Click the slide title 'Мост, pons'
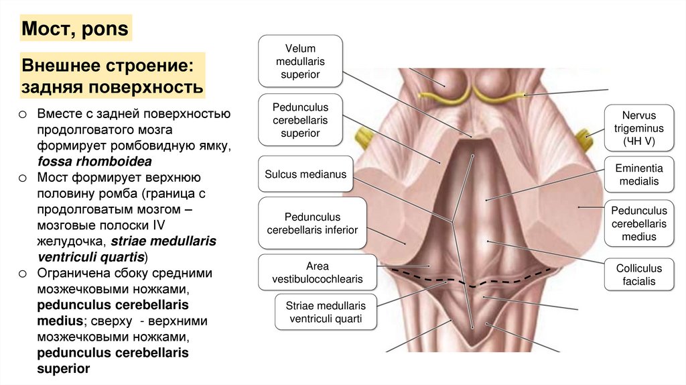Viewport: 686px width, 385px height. tap(75, 30)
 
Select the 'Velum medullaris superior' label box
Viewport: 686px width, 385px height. tap(300, 62)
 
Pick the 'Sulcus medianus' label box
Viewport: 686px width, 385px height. tap(305, 174)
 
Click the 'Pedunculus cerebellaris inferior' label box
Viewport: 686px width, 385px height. tap(312, 223)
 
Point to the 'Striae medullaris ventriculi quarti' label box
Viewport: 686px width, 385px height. tap(325, 312)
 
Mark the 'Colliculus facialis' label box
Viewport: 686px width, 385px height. tap(638, 275)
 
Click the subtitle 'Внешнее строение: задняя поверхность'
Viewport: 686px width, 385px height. tap(113, 76)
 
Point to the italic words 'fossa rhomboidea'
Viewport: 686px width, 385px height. tap(94, 161)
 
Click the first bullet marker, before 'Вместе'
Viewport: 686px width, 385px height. tap(22, 114)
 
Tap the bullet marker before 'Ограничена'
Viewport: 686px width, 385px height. tap(22, 274)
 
